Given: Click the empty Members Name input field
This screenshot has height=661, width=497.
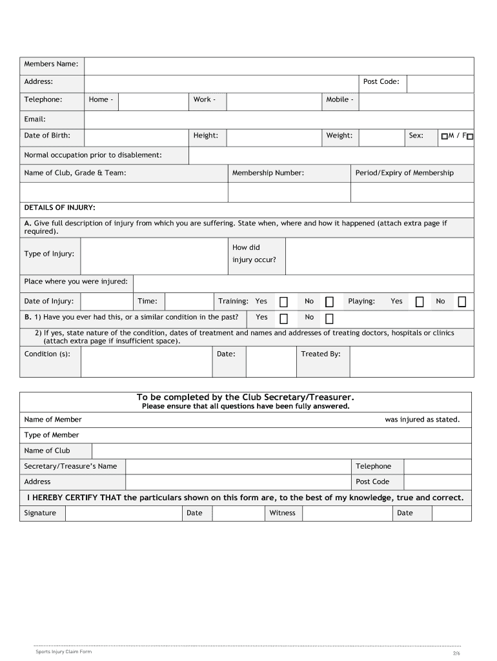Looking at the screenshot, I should (279, 65).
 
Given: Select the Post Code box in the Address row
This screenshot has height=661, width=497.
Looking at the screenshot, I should (440, 83).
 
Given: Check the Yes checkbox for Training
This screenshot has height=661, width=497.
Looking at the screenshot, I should (283, 302).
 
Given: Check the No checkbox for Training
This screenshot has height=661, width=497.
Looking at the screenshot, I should (329, 302).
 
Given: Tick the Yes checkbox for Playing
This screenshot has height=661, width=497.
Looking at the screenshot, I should (420, 302).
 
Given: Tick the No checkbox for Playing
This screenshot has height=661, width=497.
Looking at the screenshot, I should (462, 302).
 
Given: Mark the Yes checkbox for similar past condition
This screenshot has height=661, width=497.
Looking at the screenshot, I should (283, 318).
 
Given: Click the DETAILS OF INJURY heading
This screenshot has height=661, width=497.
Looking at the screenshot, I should (59, 208).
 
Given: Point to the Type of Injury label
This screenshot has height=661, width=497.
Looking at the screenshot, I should (49, 254).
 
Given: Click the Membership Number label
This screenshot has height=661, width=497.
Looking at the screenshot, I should (268, 173).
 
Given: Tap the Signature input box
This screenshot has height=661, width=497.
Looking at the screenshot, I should (123, 513).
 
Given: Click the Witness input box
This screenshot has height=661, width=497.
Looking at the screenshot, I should (347, 513).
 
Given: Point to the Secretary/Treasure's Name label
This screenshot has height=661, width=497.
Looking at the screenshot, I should (70, 467).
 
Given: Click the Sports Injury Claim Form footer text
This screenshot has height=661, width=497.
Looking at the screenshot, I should (64, 652).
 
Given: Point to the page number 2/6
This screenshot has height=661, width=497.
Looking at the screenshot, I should (456, 653).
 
